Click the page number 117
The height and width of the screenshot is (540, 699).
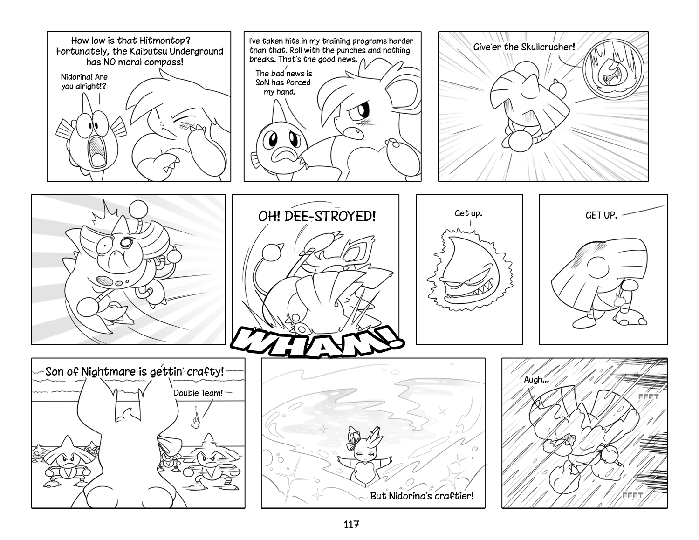click(x=351, y=525)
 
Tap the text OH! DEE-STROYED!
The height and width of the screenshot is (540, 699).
click(x=317, y=217)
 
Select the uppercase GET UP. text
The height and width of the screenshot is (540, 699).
click(x=601, y=215)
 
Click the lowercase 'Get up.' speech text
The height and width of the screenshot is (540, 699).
click(x=468, y=213)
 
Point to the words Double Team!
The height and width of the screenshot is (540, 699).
click(x=198, y=393)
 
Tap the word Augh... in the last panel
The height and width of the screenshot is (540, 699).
click(x=536, y=380)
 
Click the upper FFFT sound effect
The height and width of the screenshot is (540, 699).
click(x=649, y=396)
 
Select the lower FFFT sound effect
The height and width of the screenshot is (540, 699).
click(x=632, y=495)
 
